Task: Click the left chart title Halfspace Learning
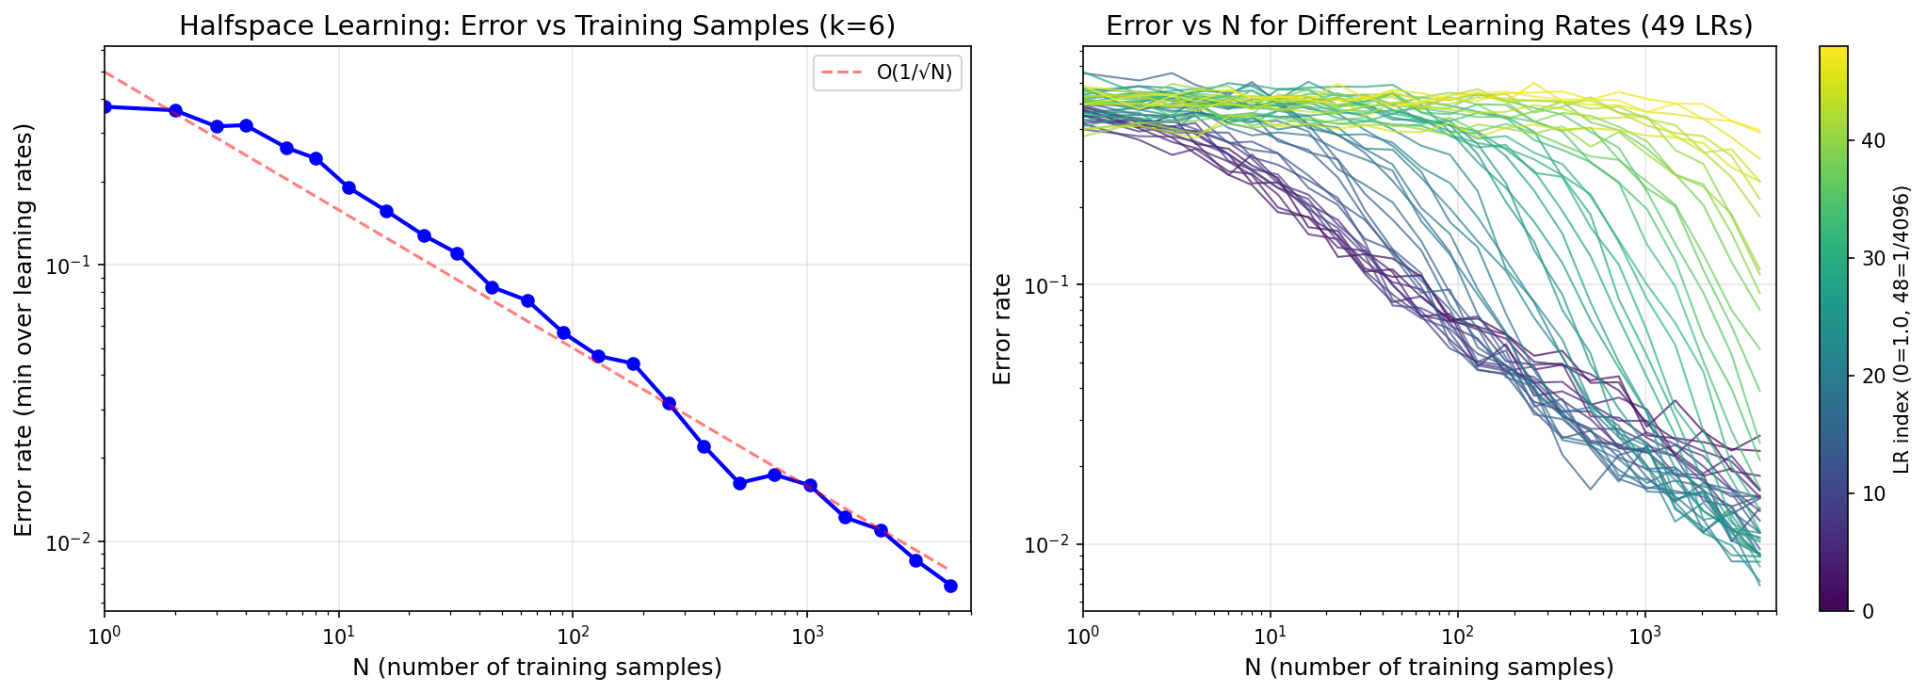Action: [x=537, y=25]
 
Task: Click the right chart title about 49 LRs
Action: [x=1429, y=25]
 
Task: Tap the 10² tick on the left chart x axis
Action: [x=572, y=633]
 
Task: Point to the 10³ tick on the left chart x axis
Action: [x=806, y=633]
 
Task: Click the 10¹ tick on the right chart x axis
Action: [x=1271, y=633]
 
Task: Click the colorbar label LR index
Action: [x=1902, y=329]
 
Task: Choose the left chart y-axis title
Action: [x=24, y=329]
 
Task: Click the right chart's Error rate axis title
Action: [x=1003, y=329]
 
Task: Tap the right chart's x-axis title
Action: [x=1429, y=668]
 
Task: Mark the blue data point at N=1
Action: [x=105, y=106]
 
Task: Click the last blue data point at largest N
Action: [x=950, y=586]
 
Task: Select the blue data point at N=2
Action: [x=175, y=110]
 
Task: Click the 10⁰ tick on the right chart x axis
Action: [x=1084, y=633]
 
